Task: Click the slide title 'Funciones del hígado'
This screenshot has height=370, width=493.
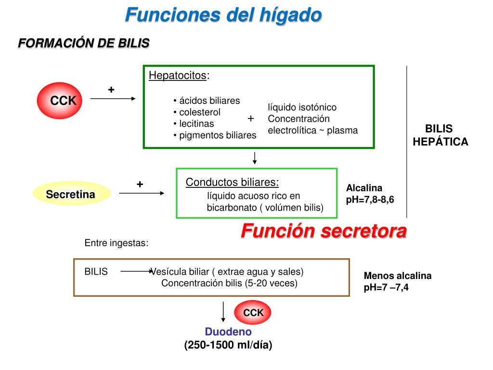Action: (x=223, y=15)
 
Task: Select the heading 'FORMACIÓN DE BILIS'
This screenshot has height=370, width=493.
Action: (x=83, y=43)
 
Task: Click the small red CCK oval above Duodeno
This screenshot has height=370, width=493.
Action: (x=253, y=313)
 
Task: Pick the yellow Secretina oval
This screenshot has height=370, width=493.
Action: (x=71, y=195)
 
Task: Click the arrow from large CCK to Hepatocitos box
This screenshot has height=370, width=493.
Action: (x=113, y=98)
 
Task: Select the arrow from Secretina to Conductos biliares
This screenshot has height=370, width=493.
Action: (x=142, y=193)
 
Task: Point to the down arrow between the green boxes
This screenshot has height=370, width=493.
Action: (x=255, y=157)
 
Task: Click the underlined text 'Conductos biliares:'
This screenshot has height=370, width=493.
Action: (x=232, y=182)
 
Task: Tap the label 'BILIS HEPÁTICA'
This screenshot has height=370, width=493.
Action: (x=440, y=135)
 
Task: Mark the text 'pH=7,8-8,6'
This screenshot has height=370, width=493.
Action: (x=370, y=199)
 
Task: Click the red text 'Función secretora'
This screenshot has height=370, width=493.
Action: (x=324, y=231)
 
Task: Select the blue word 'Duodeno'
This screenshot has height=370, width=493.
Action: (x=228, y=332)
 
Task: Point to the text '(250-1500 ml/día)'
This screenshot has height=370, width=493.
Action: (x=228, y=345)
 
